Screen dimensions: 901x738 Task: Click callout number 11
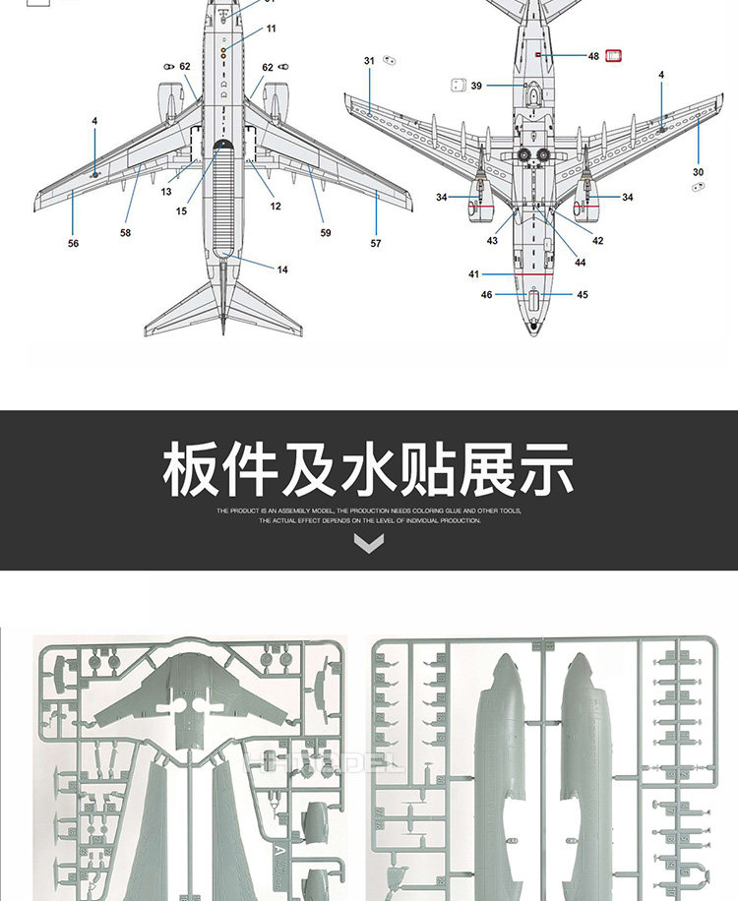(272, 30)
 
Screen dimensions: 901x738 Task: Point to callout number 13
(167, 192)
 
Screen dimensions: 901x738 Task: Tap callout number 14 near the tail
(282, 270)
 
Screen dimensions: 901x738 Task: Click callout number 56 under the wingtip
(73, 243)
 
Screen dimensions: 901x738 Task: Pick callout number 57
(376, 243)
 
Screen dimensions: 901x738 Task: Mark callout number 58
(125, 233)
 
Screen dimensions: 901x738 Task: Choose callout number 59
(326, 233)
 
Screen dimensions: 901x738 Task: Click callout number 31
(369, 61)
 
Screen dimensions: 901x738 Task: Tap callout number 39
(476, 86)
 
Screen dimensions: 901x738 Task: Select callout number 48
(593, 57)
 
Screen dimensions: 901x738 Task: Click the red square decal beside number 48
(616, 56)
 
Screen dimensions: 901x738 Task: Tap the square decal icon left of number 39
(457, 86)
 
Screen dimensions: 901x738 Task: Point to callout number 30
(699, 172)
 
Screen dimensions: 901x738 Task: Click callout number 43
(492, 241)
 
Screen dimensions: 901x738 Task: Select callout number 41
(473, 274)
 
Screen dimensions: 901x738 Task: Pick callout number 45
(583, 295)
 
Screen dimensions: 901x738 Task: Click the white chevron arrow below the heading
(369, 543)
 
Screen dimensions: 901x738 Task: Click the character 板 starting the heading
(192, 471)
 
